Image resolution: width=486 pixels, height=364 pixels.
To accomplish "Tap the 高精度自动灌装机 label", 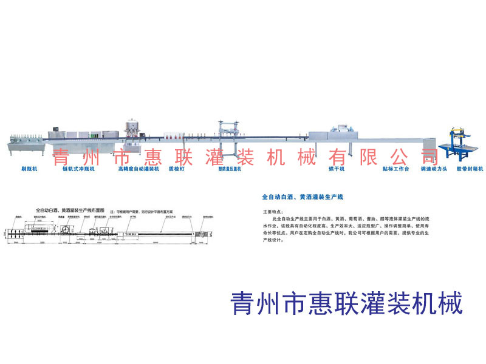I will pos(139,170).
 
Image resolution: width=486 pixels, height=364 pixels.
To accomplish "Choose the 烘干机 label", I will pos(337,170).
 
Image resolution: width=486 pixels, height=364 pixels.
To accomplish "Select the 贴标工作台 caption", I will pos(395,170).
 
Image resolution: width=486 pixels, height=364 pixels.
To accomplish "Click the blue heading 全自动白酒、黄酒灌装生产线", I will pos(303,198).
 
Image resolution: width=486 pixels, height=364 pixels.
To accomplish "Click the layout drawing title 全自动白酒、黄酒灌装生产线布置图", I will pos(70,209).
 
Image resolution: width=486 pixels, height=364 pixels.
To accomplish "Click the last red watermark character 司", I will pos(416,158).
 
